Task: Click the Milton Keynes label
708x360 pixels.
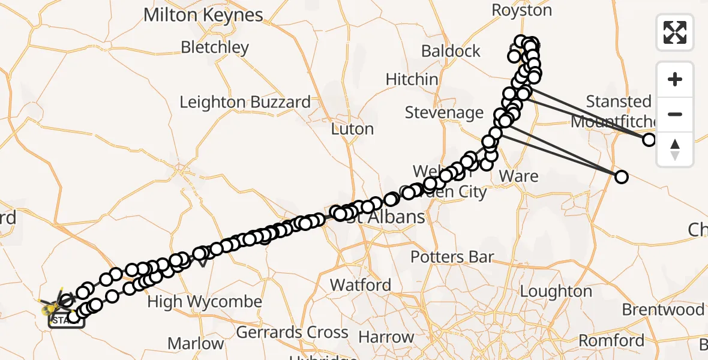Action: [x=203, y=15]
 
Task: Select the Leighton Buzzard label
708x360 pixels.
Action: [x=245, y=102]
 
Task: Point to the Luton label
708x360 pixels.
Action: [x=352, y=129]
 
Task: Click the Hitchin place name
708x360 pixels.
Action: [x=412, y=79]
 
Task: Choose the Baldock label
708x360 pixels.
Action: [x=451, y=51]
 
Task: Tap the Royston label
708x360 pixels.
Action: [x=513, y=10]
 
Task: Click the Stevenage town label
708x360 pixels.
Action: [x=444, y=112]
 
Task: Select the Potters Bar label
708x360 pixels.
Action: [x=452, y=257]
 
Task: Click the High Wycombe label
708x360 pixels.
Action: [x=205, y=302]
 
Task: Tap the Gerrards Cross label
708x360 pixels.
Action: [x=292, y=332]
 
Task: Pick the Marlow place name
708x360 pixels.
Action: [x=196, y=344]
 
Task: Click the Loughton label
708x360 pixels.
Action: [x=556, y=292]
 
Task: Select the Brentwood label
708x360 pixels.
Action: [x=663, y=310]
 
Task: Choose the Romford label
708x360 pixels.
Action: [x=611, y=341]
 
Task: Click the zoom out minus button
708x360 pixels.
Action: [x=675, y=115]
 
